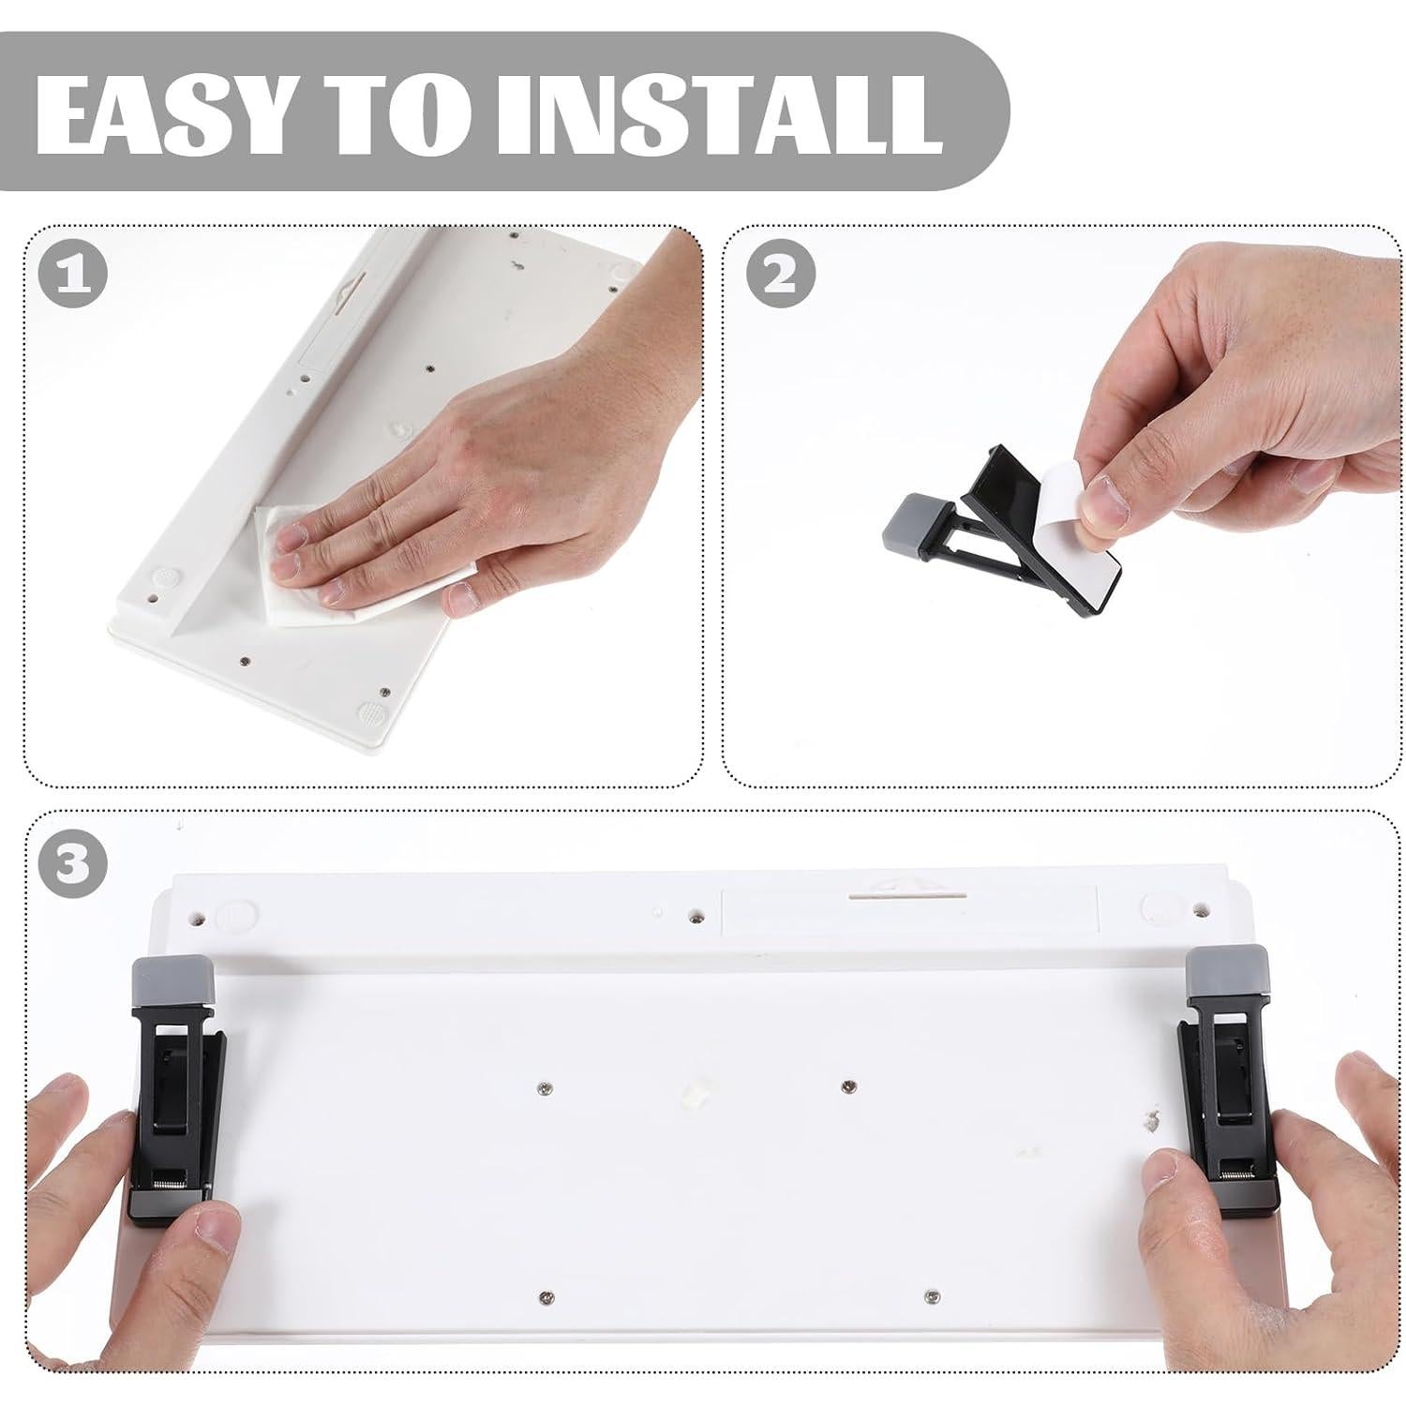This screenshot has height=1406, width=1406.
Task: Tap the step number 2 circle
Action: pyautogui.click(x=781, y=272)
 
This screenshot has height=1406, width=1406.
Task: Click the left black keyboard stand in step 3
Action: pyautogui.click(x=178, y=1106)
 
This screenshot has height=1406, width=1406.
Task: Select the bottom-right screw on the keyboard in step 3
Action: pyautogui.click(x=930, y=1295)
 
